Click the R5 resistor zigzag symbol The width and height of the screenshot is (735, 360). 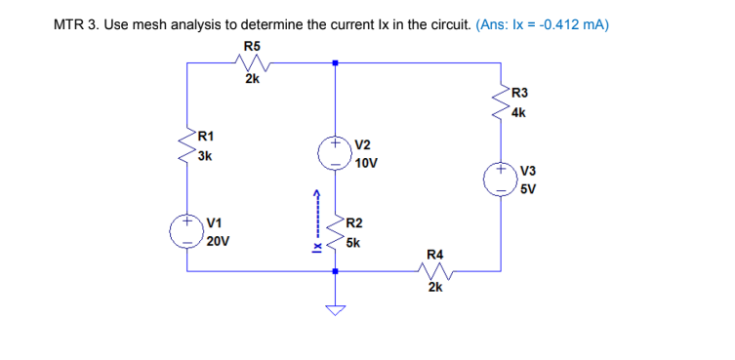coord(251,63)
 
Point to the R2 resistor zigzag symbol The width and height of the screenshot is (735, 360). coord(336,232)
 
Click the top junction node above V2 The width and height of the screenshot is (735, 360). coord(336,63)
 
